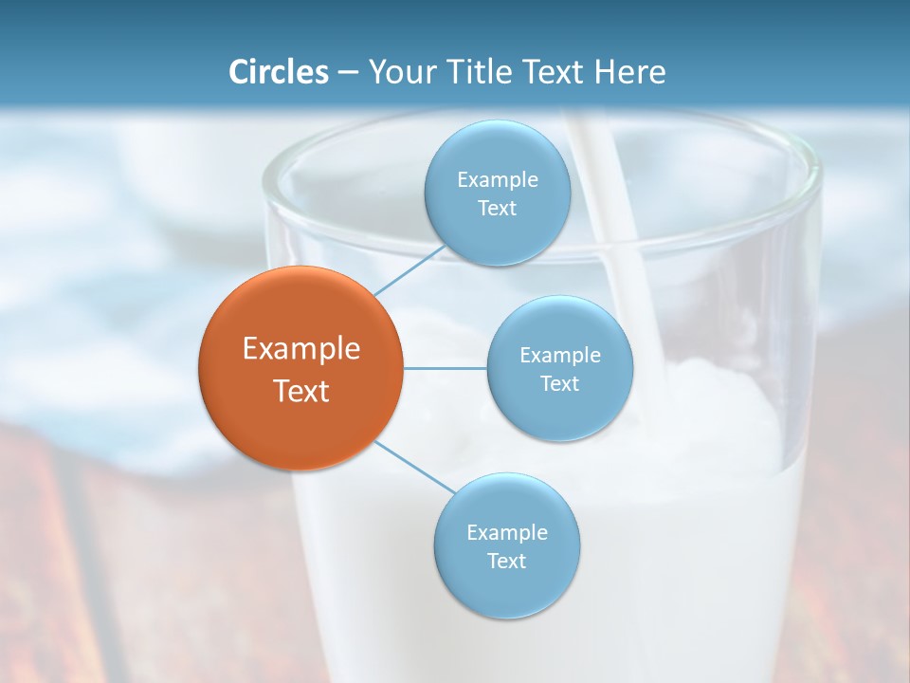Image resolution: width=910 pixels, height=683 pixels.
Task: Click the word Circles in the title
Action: click(279, 72)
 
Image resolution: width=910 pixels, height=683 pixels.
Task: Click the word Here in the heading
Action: click(630, 72)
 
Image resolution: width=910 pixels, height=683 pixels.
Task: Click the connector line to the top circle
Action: click(409, 269)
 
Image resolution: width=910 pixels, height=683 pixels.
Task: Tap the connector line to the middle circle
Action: click(446, 367)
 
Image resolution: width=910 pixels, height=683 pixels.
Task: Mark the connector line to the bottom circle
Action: click(415, 467)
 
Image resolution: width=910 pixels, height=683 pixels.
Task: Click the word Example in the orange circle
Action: click(300, 349)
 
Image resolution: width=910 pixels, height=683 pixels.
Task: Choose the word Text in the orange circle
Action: click(300, 391)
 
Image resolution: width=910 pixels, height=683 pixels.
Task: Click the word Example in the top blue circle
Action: click(497, 179)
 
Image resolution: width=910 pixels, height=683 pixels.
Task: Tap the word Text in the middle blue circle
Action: click(559, 383)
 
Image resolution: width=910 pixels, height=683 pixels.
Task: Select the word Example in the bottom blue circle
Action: click(506, 532)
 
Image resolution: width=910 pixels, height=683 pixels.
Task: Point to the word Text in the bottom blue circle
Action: click(506, 561)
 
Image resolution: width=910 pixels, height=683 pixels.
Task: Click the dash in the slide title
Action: click(348, 73)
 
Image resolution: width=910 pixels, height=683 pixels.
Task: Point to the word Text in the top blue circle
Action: click(497, 208)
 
